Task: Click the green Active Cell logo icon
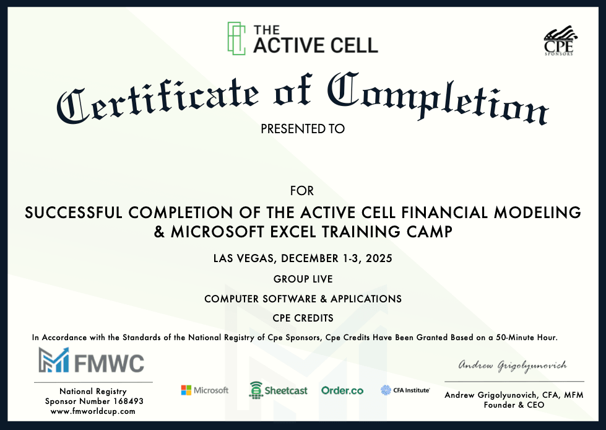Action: [x=236, y=38]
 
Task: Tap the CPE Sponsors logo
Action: [x=559, y=41]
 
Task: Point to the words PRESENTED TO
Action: [x=303, y=129]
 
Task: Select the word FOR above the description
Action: [x=302, y=191]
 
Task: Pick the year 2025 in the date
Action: [x=379, y=258]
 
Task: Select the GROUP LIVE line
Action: [x=303, y=279]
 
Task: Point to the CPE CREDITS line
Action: [x=303, y=318]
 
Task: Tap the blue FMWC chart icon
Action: [x=54, y=359]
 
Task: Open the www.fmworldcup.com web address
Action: [x=93, y=411]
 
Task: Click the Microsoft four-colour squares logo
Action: [x=186, y=390]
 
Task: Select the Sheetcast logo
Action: [x=279, y=390]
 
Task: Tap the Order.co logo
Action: [x=342, y=390]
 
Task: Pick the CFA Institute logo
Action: [x=405, y=390]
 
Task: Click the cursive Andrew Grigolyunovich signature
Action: [x=513, y=366]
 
